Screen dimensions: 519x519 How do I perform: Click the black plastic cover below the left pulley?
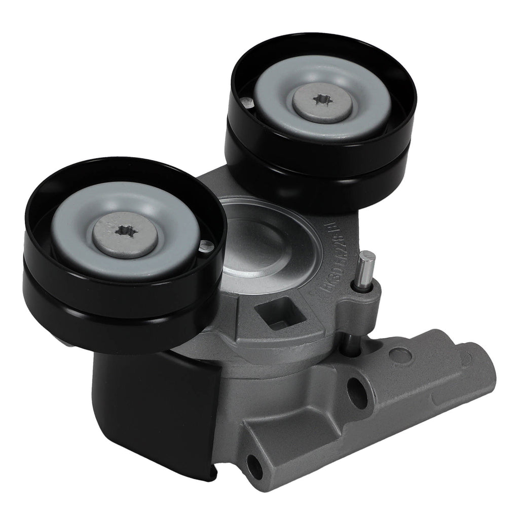pyautogui.click(x=152, y=405)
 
